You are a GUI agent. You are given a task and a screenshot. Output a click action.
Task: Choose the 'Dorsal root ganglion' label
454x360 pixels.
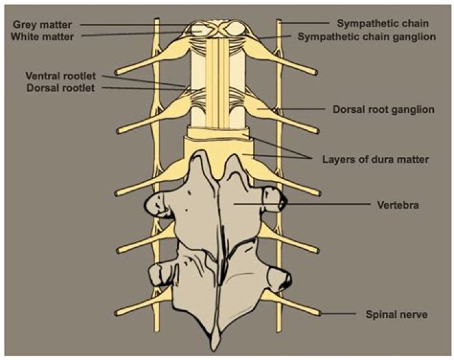point(383,110)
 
